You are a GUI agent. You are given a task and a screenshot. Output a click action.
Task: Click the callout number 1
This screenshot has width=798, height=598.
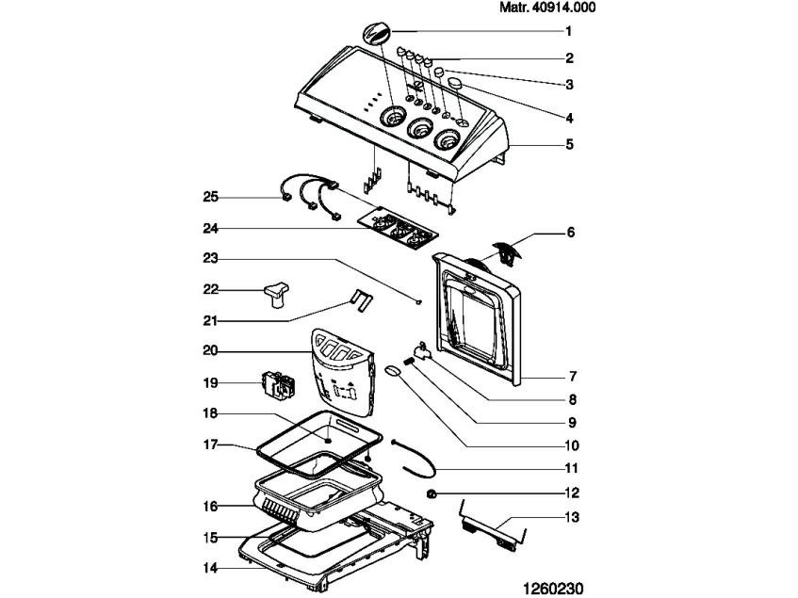tap(568, 30)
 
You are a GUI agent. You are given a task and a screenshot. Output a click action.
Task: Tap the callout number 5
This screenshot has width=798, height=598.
tap(569, 146)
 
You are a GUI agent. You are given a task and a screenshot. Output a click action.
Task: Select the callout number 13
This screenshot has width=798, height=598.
tap(573, 517)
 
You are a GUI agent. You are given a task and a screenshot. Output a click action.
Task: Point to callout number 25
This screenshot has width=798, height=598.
tap(211, 197)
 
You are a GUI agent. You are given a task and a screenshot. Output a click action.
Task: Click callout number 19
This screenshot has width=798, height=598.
tap(211, 382)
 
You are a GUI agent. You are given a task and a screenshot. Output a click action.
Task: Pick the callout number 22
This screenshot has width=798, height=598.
tap(211, 289)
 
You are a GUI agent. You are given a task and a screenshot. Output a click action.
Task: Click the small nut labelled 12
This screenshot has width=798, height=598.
tap(432, 494)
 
